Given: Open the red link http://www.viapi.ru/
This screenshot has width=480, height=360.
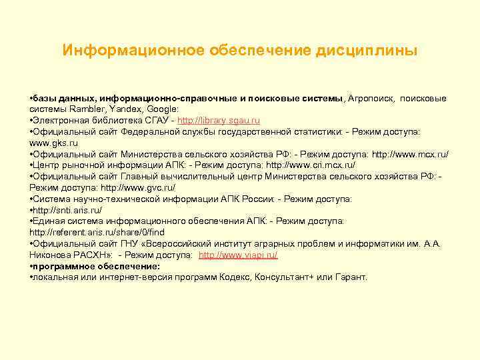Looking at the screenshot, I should coord(238,255).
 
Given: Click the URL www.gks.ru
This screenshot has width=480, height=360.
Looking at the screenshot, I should coord(54,143).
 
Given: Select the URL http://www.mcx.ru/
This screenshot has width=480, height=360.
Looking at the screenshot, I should coord(410,154).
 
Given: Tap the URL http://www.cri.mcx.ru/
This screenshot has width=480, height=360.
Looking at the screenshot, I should coord(311,165).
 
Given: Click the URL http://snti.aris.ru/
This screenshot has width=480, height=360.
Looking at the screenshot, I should coord(61,210).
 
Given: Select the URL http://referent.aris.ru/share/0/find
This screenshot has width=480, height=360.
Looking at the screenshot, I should coord(97,233).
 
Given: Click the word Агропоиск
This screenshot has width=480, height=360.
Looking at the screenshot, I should coord(371,98).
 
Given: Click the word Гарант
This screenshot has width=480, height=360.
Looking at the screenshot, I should coord(347,277).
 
